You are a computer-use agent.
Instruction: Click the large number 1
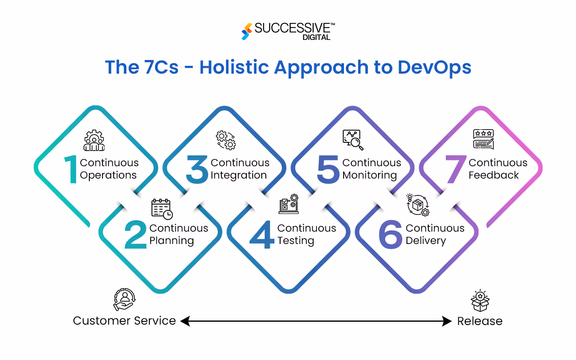[71, 169]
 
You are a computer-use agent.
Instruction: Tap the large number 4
[262, 235]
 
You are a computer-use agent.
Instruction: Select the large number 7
[455, 169]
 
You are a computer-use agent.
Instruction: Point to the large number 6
[390, 235]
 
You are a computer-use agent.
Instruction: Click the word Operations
[108, 175]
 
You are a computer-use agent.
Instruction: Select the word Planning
[172, 241]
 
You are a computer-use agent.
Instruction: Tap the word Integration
[239, 175]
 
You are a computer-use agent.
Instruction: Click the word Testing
[295, 241]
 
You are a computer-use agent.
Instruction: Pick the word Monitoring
[369, 175]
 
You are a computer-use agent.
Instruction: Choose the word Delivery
[425, 241]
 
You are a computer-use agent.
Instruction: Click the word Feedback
[493, 175]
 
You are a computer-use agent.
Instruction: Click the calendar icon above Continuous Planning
[162, 209]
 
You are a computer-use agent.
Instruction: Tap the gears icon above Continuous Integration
[226, 140]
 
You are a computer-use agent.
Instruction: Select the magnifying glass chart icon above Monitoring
[353, 140]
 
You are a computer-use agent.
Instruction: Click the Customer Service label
[124, 321]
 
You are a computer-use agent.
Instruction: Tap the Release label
[480, 321]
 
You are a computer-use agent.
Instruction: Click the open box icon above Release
[480, 301]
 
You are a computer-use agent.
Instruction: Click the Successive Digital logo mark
[246, 31]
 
